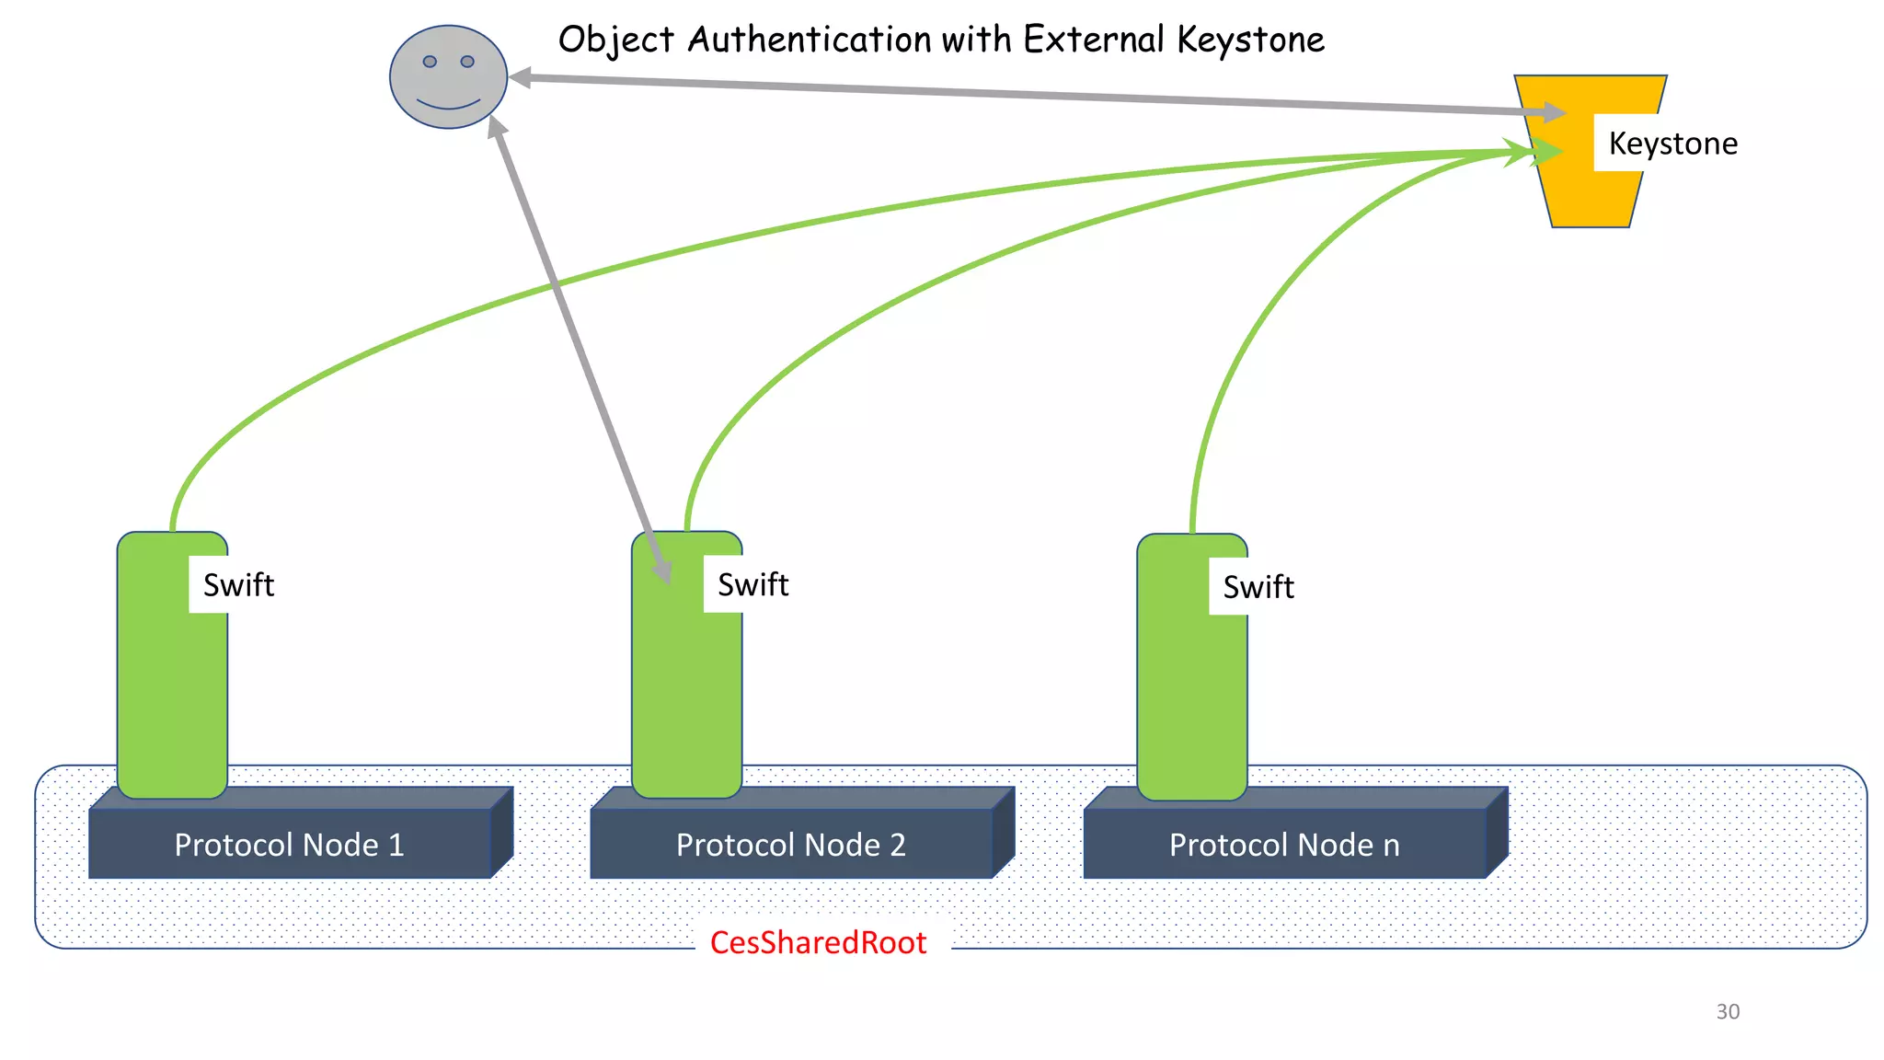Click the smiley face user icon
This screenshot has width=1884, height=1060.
click(x=448, y=77)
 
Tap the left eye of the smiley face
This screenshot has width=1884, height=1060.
click(x=430, y=62)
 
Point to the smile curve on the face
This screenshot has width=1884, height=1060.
click(x=448, y=103)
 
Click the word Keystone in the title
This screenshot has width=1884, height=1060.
click(x=1250, y=40)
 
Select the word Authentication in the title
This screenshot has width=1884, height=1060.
click(x=809, y=40)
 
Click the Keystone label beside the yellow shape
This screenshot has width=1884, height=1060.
click(x=1672, y=144)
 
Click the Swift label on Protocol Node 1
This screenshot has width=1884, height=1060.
click(x=238, y=585)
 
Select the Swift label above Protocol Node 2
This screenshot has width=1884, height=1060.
click(x=752, y=584)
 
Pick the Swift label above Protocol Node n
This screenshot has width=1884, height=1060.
click(x=1258, y=587)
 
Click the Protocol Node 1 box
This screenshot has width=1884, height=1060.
click(x=289, y=845)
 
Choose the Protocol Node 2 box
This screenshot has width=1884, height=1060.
click(x=790, y=845)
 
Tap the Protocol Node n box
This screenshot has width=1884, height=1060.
click(x=1284, y=845)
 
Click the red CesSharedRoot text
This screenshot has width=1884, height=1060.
click(x=818, y=943)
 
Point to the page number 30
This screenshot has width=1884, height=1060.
click(x=1728, y=1011)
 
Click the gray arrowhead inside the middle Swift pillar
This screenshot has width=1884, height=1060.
click(x=662, y=570)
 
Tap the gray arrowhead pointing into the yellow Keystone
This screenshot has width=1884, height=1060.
click(x=1555, y=112)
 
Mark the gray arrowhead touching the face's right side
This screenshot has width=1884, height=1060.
click(x=521, y=78)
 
